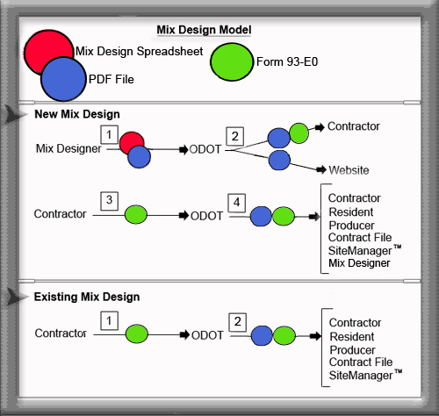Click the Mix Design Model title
pos(203,29)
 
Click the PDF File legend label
pos(110,78)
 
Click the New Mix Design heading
pos(77,114)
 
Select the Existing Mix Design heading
pos(86,298)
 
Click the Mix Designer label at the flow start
pos(66,149)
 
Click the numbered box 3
pos(110,199)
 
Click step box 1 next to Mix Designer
pos(110,134)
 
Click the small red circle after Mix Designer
pos(132,143)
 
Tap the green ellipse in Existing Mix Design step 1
pos(135,334)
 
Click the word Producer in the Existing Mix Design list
pos(353,349)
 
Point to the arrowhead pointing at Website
pos(320,169)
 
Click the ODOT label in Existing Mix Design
pos(206,334)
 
